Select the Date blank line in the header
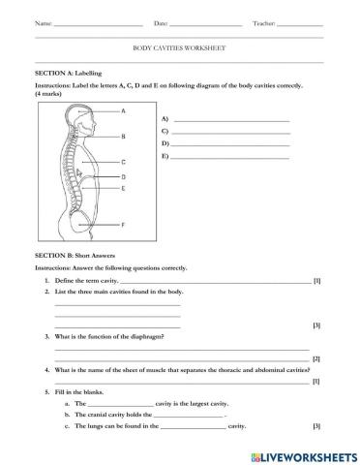[205, 24]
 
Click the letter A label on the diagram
[124, 111]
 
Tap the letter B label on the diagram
[124, 136]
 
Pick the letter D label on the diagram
[124, 177]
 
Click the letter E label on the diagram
[124, 189]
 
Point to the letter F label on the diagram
[124, 224]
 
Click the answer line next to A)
[230, 119]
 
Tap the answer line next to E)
[230, 156]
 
